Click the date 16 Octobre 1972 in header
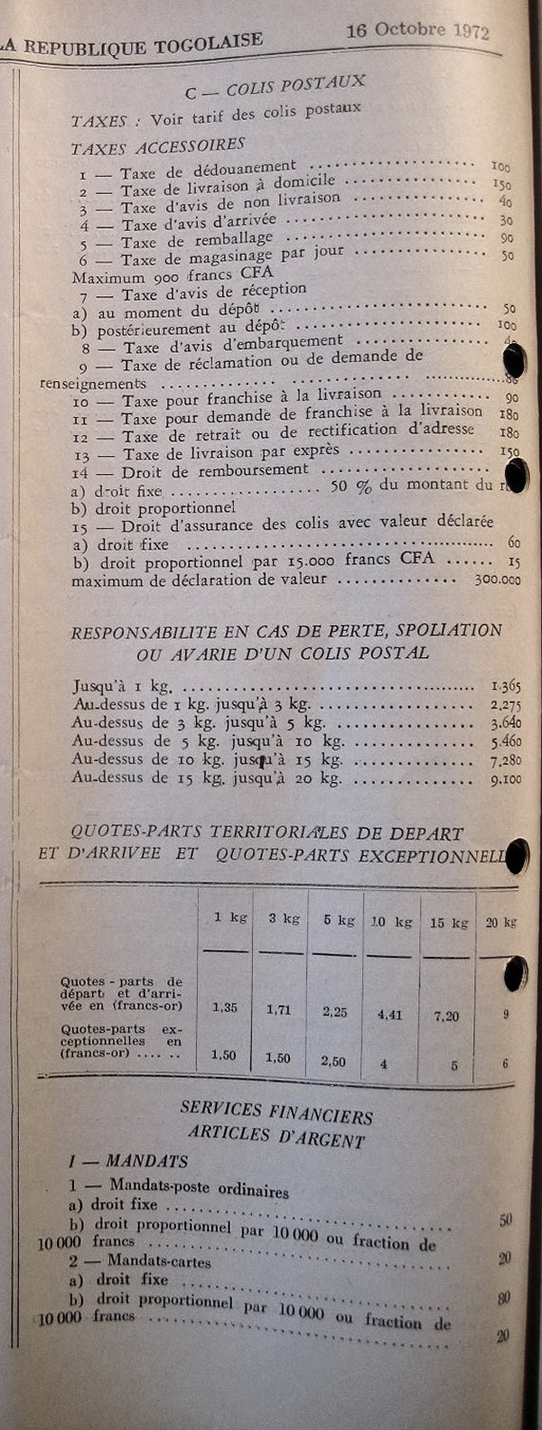pyautogui.click(x=417, y=30)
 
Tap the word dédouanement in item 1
pyautogui.click(x=243, y=169)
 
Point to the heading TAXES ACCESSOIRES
pyautogui.click(x=158, y=144)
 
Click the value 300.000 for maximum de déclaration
pyautogui.click(x=498, y=580)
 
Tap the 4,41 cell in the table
pyautogui.click(x=389, y=1015)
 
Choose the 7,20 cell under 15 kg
pyautogui.click(x=446, y=1017)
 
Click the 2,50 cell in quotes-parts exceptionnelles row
pyautogui.click(x=333, y=1062)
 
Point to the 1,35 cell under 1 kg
pyautogui.click(x=225, y=1007)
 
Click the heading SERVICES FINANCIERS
pyautogui.click(x=276, y=1112)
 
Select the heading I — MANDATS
pyautogui.click(x=128, y=1161)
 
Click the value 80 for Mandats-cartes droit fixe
pyautogui.click(x=504, y=1298)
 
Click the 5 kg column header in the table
pyautogui.click(x=339, y=921)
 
